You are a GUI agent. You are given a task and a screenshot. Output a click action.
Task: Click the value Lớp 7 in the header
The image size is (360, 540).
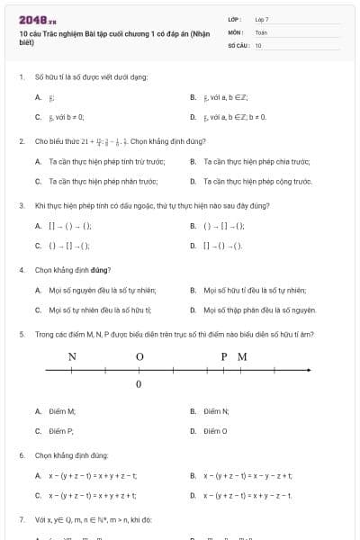262,18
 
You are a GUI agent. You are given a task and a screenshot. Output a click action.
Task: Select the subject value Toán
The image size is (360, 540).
261,31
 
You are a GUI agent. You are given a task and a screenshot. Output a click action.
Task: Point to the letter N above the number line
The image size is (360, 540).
72,356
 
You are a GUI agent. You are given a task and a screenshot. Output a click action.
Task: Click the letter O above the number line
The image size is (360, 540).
139,356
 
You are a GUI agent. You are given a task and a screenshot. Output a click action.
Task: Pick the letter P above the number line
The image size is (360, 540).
224,356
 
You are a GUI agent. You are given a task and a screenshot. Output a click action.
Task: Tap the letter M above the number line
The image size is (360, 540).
242,356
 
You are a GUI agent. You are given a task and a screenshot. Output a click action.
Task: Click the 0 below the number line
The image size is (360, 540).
139,385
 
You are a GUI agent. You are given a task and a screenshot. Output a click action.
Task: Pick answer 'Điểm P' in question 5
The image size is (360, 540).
62,431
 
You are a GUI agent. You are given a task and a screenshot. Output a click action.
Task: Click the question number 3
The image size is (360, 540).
21,205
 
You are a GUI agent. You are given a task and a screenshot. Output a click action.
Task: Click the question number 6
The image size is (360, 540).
21,455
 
